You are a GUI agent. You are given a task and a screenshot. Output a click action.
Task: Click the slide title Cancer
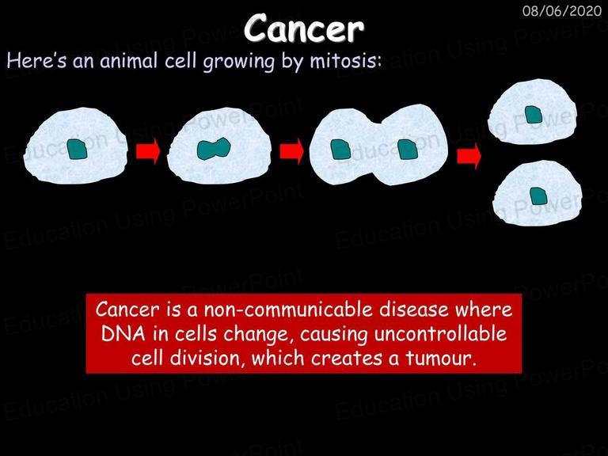pos(304,28)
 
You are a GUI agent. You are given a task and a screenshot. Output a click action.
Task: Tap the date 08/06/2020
pos(562,11)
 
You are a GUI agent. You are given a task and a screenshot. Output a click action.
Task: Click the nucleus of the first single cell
pos(77,149)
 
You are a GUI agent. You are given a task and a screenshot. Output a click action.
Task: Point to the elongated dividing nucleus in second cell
pos(214,149)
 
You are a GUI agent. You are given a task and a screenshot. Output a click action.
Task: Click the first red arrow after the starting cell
pos(148,151)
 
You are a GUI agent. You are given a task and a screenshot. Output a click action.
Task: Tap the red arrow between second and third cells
pos(291,151)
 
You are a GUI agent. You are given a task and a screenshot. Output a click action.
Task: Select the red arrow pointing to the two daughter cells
pos(469,156)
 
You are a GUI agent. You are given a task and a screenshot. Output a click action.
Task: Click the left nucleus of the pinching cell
pos(341,150)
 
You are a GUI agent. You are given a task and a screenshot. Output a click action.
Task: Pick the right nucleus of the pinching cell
pos(408,150)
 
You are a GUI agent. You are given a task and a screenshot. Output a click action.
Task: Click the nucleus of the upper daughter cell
pos(534,115)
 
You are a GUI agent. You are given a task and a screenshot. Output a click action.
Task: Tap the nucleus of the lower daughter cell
pos(538,196)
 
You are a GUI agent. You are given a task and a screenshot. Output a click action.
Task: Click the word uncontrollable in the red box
pos(440,334)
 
